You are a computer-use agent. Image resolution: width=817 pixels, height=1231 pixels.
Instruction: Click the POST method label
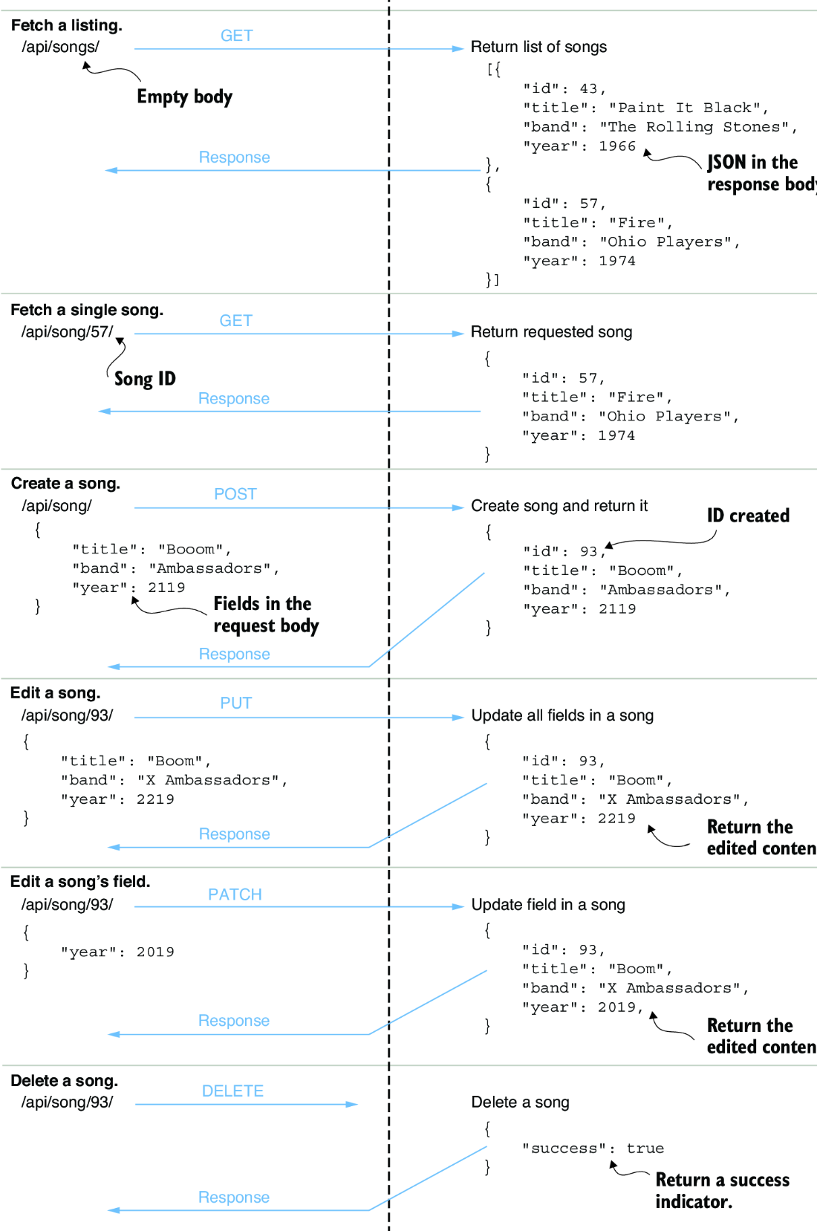[235, 494]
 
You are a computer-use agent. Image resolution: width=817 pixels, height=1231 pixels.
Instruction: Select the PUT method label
[235, 703]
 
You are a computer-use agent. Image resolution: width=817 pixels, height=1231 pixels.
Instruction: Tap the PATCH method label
[235, 894]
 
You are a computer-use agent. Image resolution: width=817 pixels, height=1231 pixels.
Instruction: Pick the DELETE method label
[232, 1091]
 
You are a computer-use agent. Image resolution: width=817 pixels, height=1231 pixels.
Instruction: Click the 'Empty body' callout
[185, 97]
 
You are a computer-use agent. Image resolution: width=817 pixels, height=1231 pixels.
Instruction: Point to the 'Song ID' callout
[145, 379]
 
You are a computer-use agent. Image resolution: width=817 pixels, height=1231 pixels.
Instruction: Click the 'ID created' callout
[748, 516]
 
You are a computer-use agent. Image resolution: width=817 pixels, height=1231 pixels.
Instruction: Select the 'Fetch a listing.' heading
[67, 25]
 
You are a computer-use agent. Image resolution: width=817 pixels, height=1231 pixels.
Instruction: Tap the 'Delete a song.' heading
[65, 1080]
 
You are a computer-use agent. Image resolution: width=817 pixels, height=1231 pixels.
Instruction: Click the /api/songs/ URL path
[60, 47]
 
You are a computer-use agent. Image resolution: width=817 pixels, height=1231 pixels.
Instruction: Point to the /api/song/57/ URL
[67, 332]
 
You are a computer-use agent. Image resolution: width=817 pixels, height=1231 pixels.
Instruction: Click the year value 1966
[617, 146]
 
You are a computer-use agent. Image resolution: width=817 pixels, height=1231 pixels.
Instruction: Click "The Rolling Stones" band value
[694, 127]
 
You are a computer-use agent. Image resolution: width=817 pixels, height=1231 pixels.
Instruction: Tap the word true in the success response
[645, 1148]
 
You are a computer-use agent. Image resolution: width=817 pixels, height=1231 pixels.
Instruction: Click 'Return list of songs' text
[538, 47]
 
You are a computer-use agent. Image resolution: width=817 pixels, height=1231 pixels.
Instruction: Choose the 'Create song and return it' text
[559, 506]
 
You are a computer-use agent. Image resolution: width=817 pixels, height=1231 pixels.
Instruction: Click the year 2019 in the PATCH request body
[155, 952]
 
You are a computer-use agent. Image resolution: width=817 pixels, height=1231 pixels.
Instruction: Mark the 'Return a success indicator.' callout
[723, 1190]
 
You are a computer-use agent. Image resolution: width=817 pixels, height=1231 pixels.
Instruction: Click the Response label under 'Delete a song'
[233, 1197]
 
